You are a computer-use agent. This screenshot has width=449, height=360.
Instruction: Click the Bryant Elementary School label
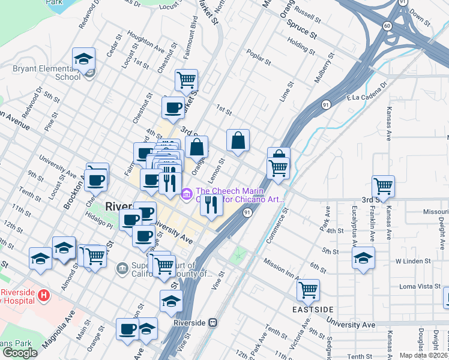pos(47,73)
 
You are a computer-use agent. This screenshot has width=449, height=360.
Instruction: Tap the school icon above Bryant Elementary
pos(83,59)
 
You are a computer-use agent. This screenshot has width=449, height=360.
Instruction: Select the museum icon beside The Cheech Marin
pos(186,193)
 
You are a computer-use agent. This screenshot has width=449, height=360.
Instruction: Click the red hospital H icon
pos(43,295)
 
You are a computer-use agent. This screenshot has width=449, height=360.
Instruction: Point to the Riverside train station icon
pos(212,322)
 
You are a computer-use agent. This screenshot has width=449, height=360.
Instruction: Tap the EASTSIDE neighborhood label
pos(313,309)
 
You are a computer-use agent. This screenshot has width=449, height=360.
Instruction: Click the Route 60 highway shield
pos(387,25)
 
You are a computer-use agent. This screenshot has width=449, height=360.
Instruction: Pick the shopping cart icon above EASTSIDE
pos(308,290)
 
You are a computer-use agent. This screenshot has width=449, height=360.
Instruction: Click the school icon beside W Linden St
pos(363,258)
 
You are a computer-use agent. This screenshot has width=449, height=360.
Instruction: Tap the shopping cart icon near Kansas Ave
pos(383,185)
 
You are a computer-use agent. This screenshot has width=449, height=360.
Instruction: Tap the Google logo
pos(20,352)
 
